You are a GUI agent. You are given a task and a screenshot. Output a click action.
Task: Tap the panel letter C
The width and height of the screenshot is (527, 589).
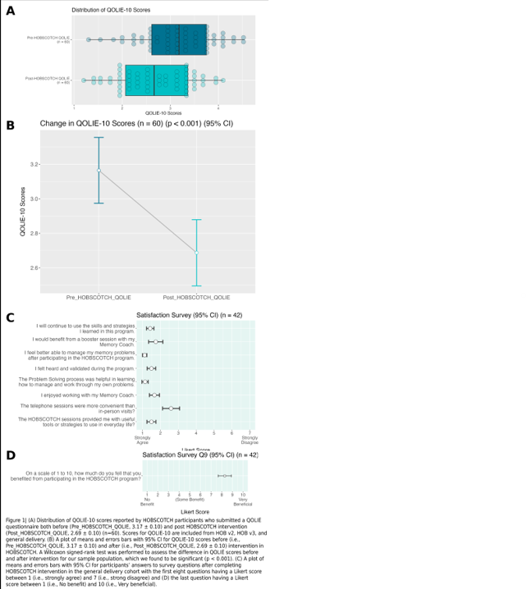pos(10,318)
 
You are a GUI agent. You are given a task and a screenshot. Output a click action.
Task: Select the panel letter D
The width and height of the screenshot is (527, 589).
pos(10,455)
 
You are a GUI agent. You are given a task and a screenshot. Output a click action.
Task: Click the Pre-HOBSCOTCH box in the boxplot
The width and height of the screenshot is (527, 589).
pos(179,39)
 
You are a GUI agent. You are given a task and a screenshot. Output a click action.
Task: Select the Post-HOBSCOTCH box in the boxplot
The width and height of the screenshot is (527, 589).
pos(154,80)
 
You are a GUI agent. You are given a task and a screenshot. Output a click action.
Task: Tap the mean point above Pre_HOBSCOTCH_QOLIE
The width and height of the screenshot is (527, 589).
pos(99,171)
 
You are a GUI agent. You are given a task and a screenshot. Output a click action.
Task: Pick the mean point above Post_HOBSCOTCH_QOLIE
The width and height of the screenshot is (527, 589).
pos(196,253)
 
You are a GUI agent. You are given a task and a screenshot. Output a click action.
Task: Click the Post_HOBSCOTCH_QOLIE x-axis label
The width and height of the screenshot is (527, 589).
pos(196,296)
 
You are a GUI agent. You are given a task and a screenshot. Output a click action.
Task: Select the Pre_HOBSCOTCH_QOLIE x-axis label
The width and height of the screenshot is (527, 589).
pos(99,296)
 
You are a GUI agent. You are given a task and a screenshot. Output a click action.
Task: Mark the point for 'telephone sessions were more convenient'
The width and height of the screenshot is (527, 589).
pos(171,407)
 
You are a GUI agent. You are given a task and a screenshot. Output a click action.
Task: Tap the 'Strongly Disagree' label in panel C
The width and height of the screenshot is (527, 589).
pos(250,441)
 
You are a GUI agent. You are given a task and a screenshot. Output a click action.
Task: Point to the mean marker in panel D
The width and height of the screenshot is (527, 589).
pos(225,475)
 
